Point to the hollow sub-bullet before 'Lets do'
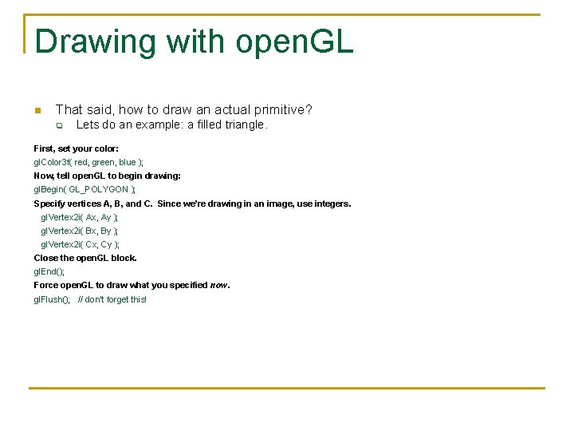click(58, 126)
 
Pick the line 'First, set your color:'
click(76, 148)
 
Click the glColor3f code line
click(88, 162)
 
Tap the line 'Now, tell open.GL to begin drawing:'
click(107, 176)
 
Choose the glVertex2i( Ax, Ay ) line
click(79, 217)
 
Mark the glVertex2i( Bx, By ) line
click(79, 231)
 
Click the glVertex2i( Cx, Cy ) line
click(80, 244)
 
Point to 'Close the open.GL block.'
click(85, 258)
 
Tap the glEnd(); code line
click(49, 272)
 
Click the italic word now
click(218, 286)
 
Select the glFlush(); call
click(51, 299)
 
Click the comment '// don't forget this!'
click(112, 299)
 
